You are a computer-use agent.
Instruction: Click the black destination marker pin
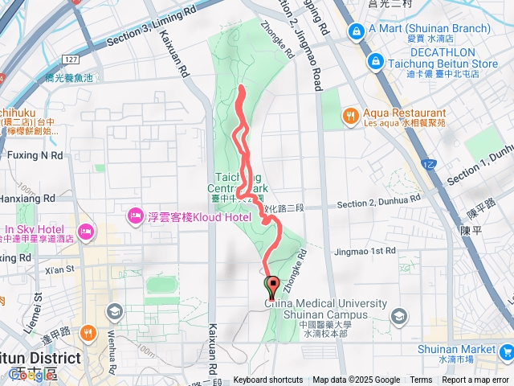click(271, 285)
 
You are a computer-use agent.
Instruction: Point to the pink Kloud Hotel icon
click(133, 216)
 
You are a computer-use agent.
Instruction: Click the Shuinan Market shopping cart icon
click(506, 351)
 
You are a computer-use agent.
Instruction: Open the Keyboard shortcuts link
click(268, 380)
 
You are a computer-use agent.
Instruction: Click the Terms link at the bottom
click(421, 380)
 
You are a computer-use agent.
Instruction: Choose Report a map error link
click(476, 380)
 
